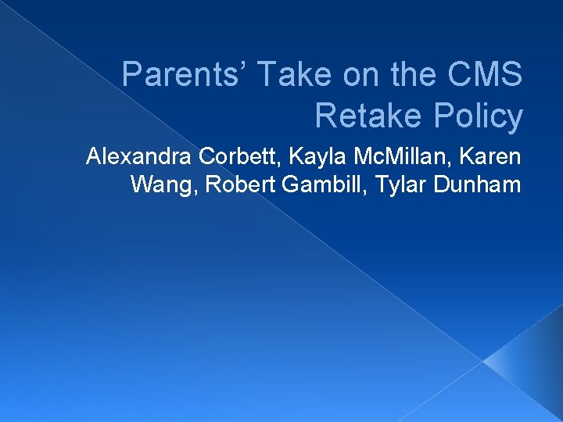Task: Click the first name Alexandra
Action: pyautogui.click(x=139, y=157)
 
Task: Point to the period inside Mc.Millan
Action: pyautogui.click(x=376, y=164)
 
